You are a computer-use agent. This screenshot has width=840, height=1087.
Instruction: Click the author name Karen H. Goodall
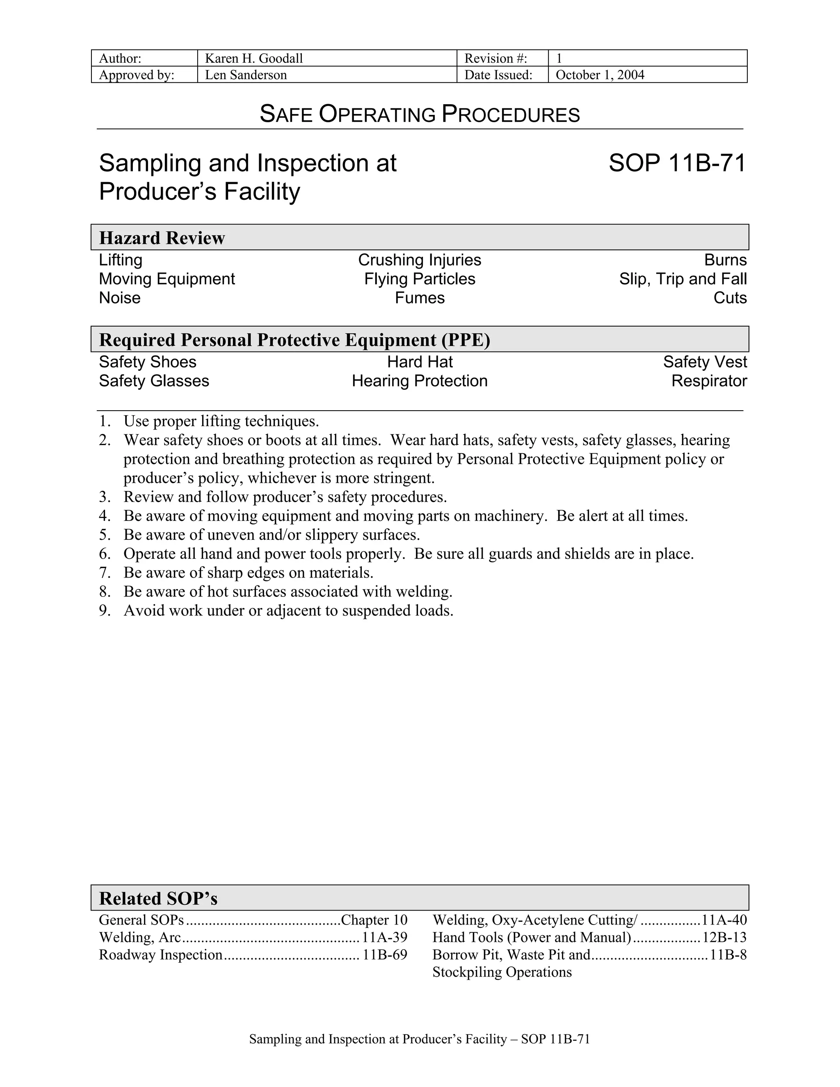pos(254,59)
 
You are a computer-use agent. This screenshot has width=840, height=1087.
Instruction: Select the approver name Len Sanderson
pos(246,75)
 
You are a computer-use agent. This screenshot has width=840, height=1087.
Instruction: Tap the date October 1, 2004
pos(600,75)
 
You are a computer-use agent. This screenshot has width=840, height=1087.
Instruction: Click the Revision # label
pos(495,59)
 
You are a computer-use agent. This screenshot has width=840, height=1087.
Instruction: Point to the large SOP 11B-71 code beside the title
pos(677,163)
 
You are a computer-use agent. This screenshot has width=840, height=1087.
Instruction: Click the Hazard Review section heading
pos(162,238)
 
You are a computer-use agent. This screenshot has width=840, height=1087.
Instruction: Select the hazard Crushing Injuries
pos(420,260)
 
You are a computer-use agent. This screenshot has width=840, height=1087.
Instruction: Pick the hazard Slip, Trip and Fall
pos(683,279)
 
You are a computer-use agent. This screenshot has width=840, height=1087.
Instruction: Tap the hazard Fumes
pos(420,298)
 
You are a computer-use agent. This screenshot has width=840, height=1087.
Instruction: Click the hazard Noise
pos(120,298)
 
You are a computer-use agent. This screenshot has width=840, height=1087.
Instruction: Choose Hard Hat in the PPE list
pos(420,362)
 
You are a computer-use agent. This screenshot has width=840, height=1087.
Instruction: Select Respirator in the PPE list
pos(709,381)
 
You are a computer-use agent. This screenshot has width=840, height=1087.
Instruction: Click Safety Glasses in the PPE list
pos(154,381)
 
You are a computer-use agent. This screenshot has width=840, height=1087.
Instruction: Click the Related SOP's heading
pos(158,899)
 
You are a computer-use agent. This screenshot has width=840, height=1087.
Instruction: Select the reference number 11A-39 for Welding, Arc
pos(384,938)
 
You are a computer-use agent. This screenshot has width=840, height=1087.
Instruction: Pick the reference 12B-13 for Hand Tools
pos(724,938)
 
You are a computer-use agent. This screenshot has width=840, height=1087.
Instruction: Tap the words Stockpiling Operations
pos(502,973)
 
